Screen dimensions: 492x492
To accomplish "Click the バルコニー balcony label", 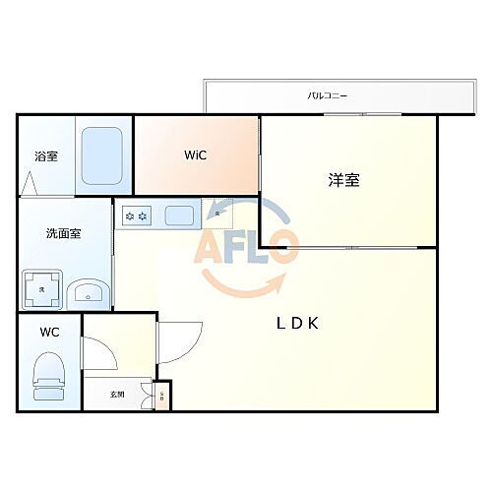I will tap(328, 96).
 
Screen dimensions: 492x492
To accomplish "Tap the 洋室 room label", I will tap(343, 180).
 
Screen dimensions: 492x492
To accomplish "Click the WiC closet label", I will tap(195, 155).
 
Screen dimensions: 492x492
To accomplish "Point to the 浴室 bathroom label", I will tap(46, 155).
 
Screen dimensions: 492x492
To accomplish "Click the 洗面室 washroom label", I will tap(63, 233).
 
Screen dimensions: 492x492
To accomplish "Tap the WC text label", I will tap(49, 332).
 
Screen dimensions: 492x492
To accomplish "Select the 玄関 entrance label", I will tap(117, 394).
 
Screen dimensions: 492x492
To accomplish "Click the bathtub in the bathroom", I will tap(103, 157).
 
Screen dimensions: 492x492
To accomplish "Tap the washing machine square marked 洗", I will tap(42, 289).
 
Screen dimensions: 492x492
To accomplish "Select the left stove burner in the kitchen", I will tap(129, 215).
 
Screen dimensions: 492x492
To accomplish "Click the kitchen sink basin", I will tap(178, 215).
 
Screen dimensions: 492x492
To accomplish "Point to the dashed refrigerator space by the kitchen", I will tap(217, 215).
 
